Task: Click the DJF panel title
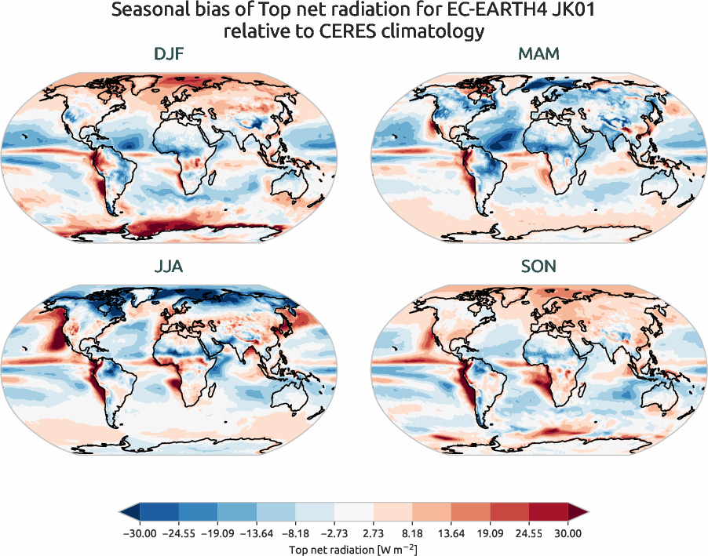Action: [170, 54]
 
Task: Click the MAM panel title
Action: [538, 54]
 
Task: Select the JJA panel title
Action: [170, 267]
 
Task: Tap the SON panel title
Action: [538, 267]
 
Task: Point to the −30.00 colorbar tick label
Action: [138, 533]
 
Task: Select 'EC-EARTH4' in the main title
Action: [480, 11]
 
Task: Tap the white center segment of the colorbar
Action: [353, 514]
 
